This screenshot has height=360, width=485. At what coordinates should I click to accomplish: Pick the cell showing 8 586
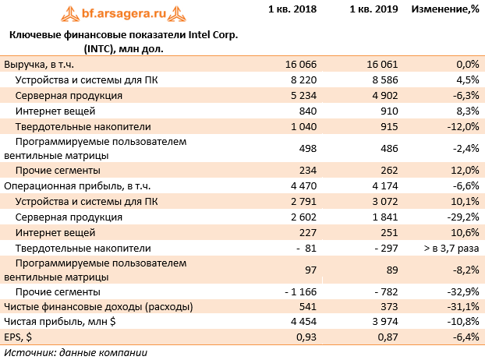pyautogui.click(x=383, y=80)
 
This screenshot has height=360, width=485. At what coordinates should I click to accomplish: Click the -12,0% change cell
pyautogui.click(x=461, y=126)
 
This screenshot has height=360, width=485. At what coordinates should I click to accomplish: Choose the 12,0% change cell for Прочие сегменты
pyautogui.click(x=462, y=171)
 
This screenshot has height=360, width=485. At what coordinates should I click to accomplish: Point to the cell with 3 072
pyautogui.click(x=383, y=202)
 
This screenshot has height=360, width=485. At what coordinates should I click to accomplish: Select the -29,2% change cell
pyautogui.click(x=461, y=217)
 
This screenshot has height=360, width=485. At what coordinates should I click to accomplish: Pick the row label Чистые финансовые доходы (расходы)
pyautogui.click(x=98, y=306)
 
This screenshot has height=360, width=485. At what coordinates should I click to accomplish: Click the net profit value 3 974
pyautogui.click(x=383, y=322)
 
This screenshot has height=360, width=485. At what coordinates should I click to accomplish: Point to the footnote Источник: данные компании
pyautogui.click(x=75, y=352)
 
